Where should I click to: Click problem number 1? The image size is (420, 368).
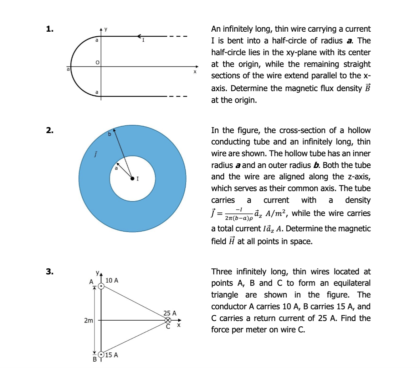(x=50, y=29)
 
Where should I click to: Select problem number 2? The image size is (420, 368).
(x=50, y=130)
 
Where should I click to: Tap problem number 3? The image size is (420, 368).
(x=50, y=272)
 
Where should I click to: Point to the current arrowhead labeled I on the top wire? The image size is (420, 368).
(x=139, y=36)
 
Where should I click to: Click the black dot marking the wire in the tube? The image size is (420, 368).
(x=132, y=178)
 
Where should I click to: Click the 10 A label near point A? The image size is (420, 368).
(x=112, y=280)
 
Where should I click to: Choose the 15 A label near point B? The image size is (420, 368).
(x=112, y=355)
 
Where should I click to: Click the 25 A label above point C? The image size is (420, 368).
(x=170, y=313)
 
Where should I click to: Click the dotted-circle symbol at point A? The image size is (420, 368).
(x=101, y=286)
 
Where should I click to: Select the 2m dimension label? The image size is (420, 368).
(x=88, y=320)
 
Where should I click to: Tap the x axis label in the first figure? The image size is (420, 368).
(x=195, y=72)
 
